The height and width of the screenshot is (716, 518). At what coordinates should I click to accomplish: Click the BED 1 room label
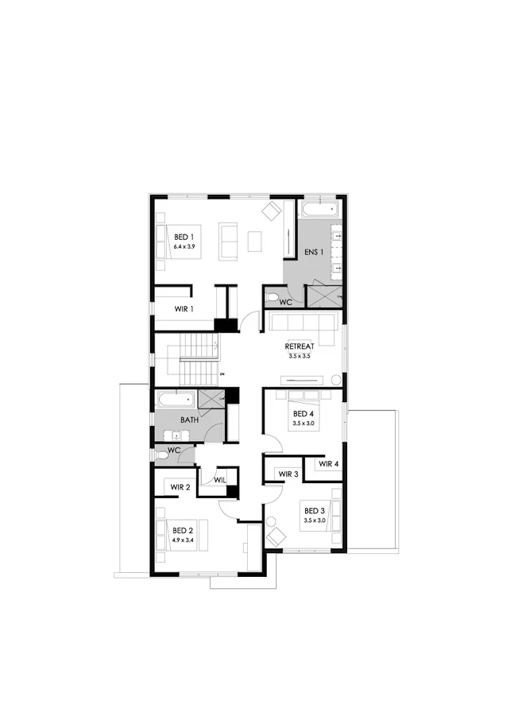pos(184,236)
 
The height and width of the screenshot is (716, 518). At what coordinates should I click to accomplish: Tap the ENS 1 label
pos(315,253)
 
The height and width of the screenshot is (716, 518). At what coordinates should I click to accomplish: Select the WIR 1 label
pos(184,308)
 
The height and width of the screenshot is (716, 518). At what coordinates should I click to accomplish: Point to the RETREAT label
pos(300,346)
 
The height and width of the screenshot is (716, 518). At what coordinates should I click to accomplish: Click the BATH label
pos(188,420)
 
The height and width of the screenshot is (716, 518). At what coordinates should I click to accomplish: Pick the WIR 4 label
pos(329,464)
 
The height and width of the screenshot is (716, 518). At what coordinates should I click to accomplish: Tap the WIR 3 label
pos(288,474)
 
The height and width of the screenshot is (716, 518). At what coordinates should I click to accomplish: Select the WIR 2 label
pos(180,486)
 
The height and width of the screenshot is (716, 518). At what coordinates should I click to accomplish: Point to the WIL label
pos(220,479)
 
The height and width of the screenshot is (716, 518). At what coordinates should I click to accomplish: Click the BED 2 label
pos(183,530)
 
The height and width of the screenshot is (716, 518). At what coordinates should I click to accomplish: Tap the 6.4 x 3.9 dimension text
pos(184,246)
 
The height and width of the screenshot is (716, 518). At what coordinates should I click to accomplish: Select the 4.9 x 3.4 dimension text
pos(183,540)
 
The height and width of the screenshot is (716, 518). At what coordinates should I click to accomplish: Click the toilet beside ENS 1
pos(273,298)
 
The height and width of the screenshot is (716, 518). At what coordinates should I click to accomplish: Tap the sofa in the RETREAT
pos(301,323)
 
